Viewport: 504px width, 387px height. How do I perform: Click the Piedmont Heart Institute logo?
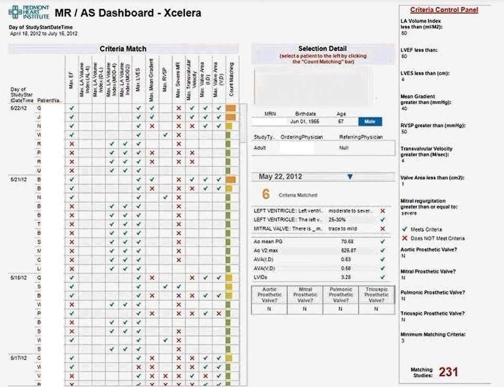point(29,12)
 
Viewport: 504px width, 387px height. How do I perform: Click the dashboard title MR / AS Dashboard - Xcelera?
point(127,13)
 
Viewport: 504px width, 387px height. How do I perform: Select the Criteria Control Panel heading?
point(444,10)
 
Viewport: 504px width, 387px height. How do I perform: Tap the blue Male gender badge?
point(370,122)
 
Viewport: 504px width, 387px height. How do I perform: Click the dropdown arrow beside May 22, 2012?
point(350,177)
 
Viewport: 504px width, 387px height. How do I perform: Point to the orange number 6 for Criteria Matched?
point(266,194)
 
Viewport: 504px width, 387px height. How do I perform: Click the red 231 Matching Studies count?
point(448,372)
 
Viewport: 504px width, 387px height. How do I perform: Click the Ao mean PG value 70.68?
point(347,242)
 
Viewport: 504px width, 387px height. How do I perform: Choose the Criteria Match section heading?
point(123,49)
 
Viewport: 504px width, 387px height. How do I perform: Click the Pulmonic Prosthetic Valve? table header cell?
point(340,295)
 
